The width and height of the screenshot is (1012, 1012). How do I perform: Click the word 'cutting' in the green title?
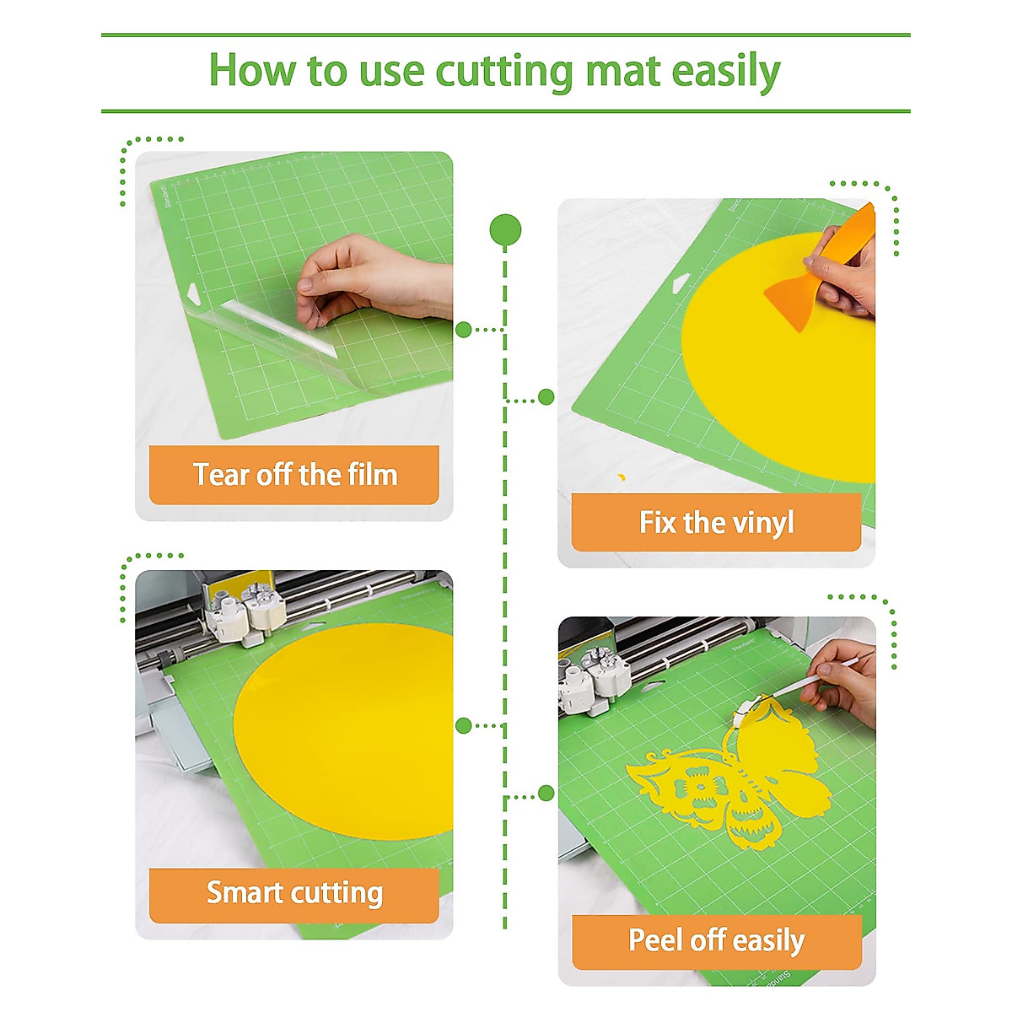[504, 73]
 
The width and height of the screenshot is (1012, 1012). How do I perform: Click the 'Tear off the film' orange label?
[294, 475]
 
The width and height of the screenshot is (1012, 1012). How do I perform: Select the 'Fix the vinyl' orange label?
[716, 523]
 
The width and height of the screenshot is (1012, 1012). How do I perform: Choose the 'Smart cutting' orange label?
[294, 892]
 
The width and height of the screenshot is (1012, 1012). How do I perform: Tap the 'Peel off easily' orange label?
[716, 939]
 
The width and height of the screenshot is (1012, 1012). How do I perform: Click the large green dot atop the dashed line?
[505, 229]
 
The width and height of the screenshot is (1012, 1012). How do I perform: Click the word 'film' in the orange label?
[371, 475]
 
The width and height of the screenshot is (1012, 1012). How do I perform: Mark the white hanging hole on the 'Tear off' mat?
[195, 295]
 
